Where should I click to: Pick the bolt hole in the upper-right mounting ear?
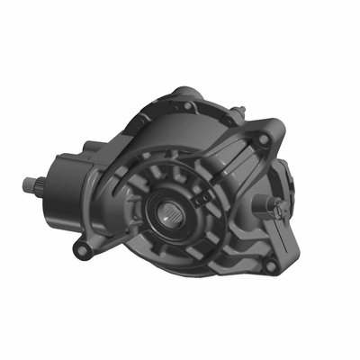pos(261,141)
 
